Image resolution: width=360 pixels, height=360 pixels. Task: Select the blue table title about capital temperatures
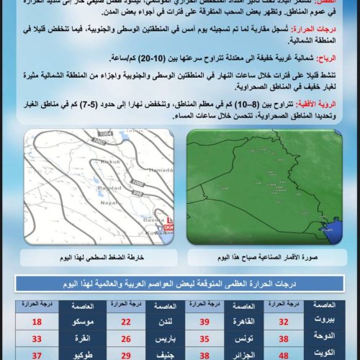click(179, 282)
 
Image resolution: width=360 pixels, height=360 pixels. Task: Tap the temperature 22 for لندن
click(126, 322)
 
